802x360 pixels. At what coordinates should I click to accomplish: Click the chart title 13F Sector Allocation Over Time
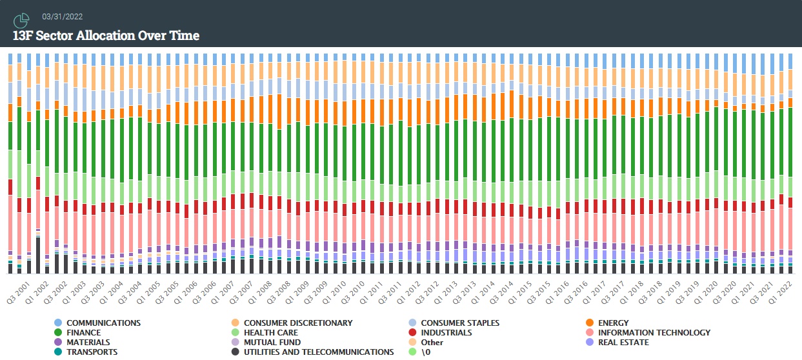(106, 35)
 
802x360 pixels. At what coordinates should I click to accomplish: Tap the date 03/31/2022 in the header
(62, 17)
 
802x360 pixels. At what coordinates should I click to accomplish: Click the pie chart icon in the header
(21, 21)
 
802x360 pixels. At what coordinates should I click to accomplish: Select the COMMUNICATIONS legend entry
(103, 323)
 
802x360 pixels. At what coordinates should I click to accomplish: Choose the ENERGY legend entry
(613, 323)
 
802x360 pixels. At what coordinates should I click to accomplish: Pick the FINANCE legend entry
(85, 332)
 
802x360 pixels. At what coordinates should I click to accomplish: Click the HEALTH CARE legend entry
(271, 332)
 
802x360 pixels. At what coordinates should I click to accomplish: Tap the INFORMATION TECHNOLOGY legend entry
(654, 332)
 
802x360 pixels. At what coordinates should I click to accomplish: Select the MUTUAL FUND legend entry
(272, 342)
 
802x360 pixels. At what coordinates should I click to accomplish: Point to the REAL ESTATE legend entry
(623, 342)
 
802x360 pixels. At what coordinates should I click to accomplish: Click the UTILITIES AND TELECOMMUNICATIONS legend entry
(318, 352)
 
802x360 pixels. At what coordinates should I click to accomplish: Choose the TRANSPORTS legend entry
(92, 352)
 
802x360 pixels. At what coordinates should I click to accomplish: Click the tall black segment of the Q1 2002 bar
(38, 255)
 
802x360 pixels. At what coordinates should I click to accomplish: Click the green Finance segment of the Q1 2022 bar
(790, 142)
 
